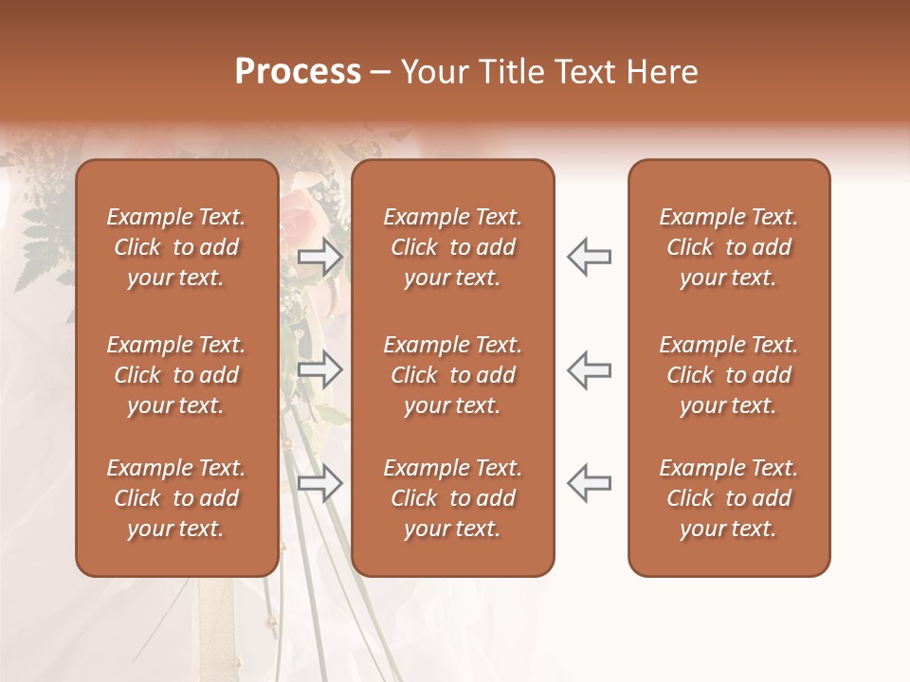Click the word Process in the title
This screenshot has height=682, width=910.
coord(298,72)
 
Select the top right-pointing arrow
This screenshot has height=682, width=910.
coord(320,257)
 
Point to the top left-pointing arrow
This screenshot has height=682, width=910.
coord(589,257)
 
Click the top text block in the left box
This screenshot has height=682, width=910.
coord(176,247)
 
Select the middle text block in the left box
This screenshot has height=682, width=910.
coord(176,375)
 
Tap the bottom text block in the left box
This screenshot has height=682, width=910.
coord(176,498)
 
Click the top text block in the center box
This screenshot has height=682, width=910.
coord(452,247)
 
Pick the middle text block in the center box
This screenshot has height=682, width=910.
coord(452,375)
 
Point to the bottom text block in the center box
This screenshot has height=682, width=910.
coord(452,498)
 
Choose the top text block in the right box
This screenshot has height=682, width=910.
coord(728,247)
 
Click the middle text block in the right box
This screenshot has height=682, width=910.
coord(728,375)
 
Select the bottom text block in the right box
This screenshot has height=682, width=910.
coord(728,498)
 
